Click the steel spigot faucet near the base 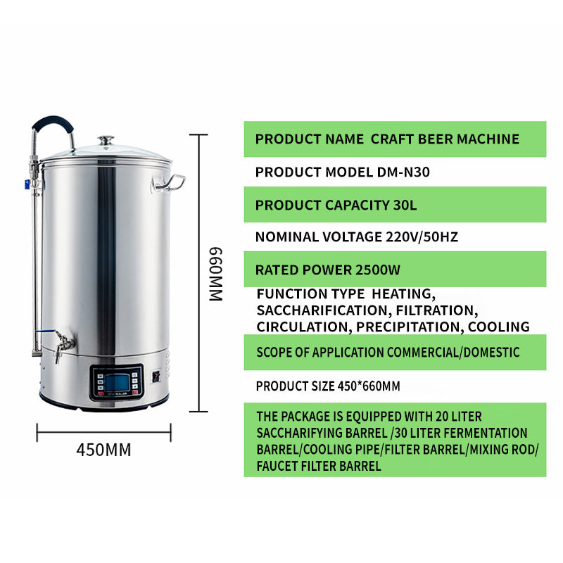63,344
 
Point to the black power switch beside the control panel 156,376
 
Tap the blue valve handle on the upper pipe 27,185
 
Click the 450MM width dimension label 103,449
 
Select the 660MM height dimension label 215,274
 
